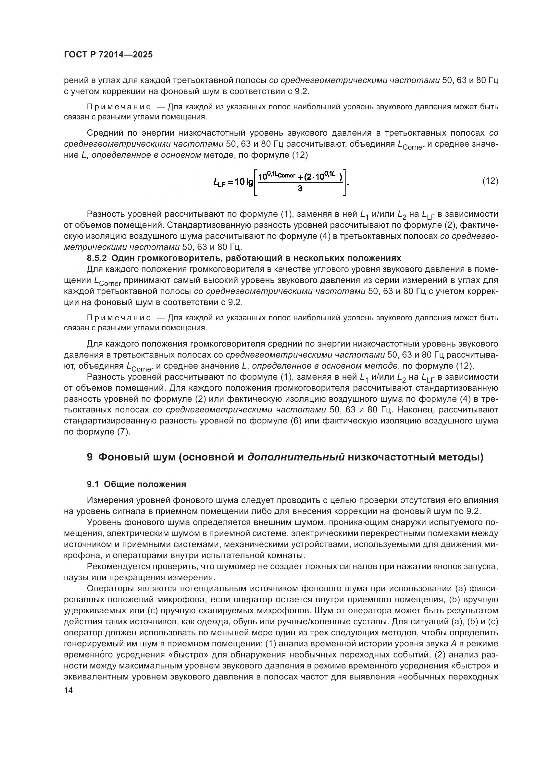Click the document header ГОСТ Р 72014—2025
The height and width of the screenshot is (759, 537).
click(108, 55)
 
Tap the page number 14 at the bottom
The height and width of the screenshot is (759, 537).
click(68, 690)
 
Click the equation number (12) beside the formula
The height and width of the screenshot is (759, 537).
click(490, 181)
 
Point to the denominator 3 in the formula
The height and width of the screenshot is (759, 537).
click(300, 189)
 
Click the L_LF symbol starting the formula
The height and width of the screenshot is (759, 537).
click(219, 182)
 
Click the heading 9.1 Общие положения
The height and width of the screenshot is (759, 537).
click(136, 484)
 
